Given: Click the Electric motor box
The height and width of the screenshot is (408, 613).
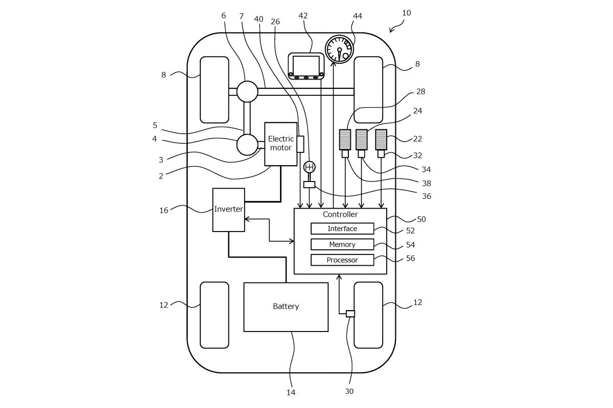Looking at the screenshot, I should (280, 144).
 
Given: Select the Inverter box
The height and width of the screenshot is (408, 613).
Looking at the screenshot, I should (228, 210).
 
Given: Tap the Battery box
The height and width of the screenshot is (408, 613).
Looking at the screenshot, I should (286, 307).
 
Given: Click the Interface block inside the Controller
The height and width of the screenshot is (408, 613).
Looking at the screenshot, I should (342, 228).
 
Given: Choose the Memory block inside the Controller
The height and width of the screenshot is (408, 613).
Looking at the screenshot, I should (342, 244).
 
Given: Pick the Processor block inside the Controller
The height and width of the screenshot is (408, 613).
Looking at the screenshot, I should (342, 260).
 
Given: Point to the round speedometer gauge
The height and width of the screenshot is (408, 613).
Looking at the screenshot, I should (340, 49).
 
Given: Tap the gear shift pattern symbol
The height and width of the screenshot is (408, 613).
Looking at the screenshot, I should (310, 167).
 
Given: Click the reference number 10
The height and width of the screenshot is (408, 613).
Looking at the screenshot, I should (406, 13).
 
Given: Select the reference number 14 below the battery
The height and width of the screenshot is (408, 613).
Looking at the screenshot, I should (291, 392).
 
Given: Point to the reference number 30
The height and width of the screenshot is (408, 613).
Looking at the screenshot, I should (349, 391).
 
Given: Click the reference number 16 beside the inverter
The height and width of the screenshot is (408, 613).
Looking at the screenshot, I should (163, 210).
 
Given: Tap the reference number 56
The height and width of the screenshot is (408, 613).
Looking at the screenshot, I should (410, 259).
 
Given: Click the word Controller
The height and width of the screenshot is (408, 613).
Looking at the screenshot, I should (340, 215).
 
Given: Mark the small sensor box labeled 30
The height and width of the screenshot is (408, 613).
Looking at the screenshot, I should (350, 314).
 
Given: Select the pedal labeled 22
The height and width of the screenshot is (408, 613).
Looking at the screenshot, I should (381, 139).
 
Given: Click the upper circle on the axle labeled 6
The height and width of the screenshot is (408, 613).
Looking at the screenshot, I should (247, 92).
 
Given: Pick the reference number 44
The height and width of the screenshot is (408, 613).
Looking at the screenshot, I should (358, 16).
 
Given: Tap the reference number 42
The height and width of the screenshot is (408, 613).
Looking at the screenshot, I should (303, 16).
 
